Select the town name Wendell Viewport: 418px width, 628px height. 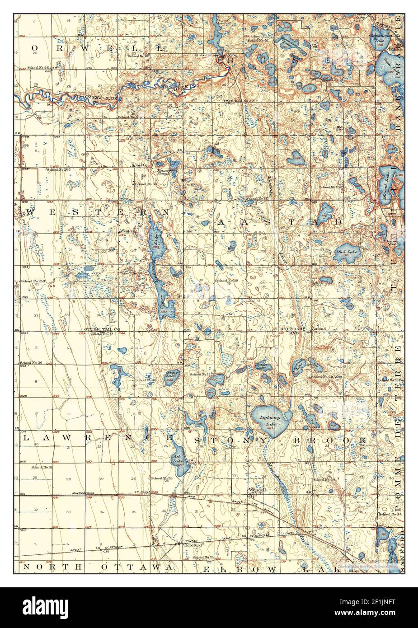[x=255, y=490]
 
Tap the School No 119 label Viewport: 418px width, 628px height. [x=227, y=281]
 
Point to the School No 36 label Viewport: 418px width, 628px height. [x=31, y=363]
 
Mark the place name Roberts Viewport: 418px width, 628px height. [x=139, y=165]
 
